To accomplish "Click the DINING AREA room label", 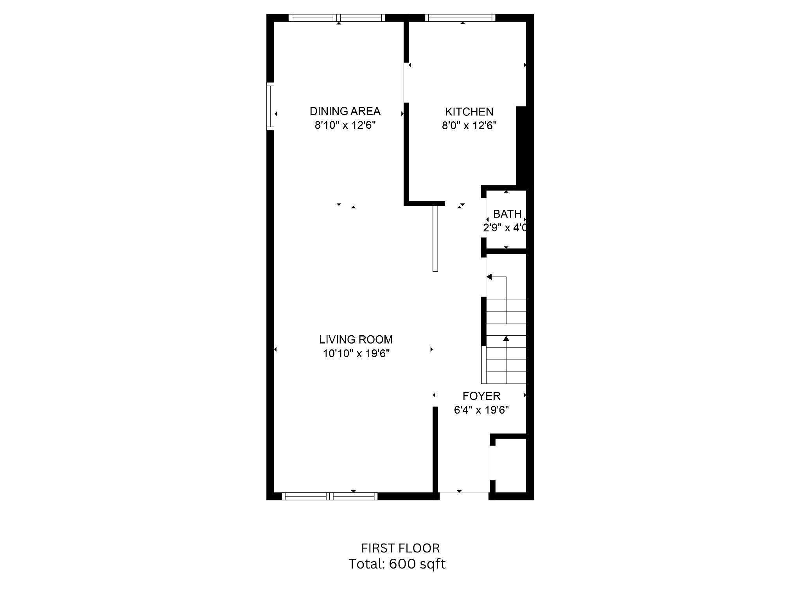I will coord(345,111).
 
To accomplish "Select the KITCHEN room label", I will coord(469,112).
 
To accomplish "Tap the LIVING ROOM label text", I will coord(356,340).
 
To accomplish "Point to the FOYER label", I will coord(481,396).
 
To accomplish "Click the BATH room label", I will coord(507,214).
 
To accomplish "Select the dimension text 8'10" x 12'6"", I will coord(345,125).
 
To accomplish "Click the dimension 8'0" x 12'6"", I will coord(469,126).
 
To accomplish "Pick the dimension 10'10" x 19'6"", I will coord(356,354).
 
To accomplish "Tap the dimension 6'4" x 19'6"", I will coord(481,410).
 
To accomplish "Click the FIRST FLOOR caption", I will coord(400,548).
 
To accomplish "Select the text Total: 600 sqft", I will coord(397,564).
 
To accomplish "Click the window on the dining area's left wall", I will coord(270,106).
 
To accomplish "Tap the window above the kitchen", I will coord(460,18).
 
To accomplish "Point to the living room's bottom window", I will coord(329,496).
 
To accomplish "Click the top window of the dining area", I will coord(337,18).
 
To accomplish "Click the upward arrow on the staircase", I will coord(506,339).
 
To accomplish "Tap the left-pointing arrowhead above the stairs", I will coord(489,277).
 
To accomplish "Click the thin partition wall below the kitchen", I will coord(435,239).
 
